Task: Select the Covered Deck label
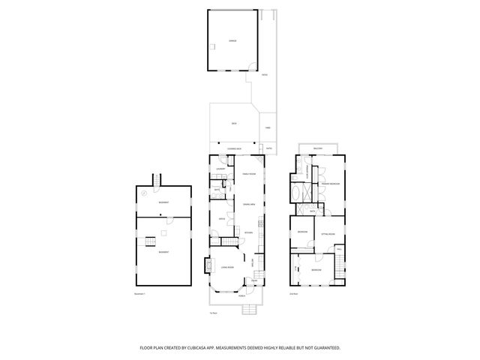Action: (233, 149)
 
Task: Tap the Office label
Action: (222, 218)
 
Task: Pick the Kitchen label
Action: (249, 232)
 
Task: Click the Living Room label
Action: (228, 267)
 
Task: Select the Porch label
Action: (241, 297)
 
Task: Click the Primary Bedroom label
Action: (331, 183)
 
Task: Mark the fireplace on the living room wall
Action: (207, 265)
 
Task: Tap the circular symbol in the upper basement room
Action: (144, 193)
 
